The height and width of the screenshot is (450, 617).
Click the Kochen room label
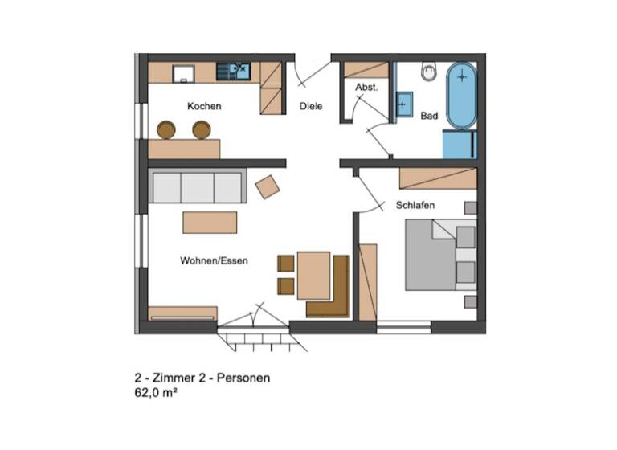[x=204, y=106]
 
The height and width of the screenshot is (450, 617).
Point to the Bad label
[x=429, y=116]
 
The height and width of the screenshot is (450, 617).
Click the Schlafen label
[x=415, y=206]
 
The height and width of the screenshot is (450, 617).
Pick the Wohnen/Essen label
[x=214, y=260]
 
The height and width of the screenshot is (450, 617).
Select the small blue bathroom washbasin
[x=403, y=104]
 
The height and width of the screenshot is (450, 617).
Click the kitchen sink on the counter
[x=239, y=72]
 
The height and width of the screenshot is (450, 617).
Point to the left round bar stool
[x=166, y=129]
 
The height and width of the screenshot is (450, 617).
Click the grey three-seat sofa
[x=198, y=187]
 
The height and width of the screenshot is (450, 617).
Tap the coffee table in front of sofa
[x=210, y=222]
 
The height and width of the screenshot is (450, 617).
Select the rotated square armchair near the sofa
[x=267, y=187]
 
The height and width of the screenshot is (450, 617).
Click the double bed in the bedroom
[x=438, y=256]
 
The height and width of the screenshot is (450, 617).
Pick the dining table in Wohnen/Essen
[x=313, y=275]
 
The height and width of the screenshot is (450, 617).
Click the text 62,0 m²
[x=156, y=395]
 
